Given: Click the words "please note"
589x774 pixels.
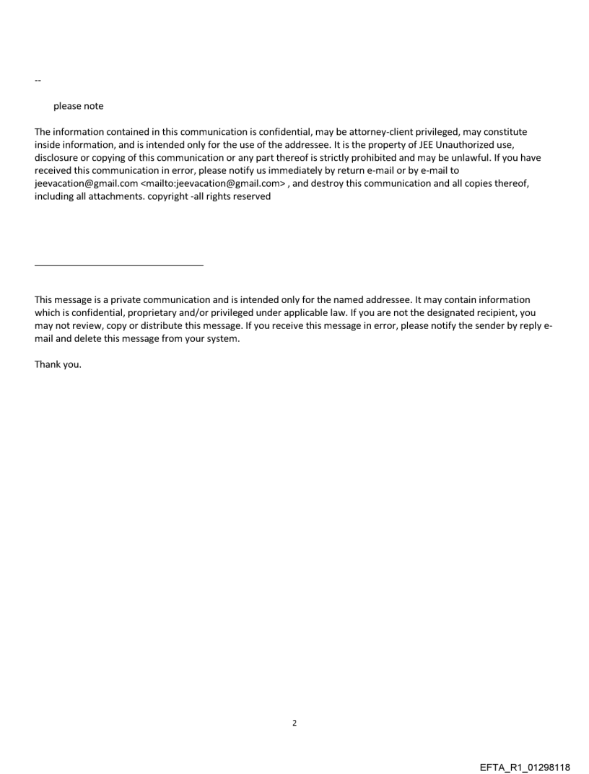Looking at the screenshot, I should pyautogui.click(x=78, y=106).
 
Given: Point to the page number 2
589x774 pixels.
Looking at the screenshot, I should pyautogui.click(x=294, y=723).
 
